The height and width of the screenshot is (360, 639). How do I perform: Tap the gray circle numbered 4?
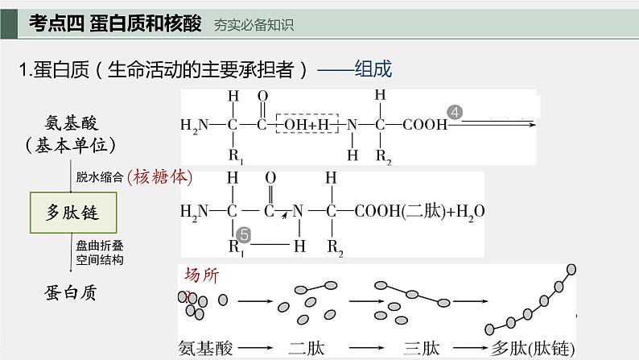coord(455,114)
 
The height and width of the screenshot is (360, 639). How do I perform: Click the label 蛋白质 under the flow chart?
coord(71,292)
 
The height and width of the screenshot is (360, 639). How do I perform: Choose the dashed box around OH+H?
coord(311,125)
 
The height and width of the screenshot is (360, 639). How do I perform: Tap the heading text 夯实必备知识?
coord(254,25)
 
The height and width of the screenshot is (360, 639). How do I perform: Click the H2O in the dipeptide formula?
coord(470,212)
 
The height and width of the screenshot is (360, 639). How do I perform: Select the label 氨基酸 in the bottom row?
coord(207,348)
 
